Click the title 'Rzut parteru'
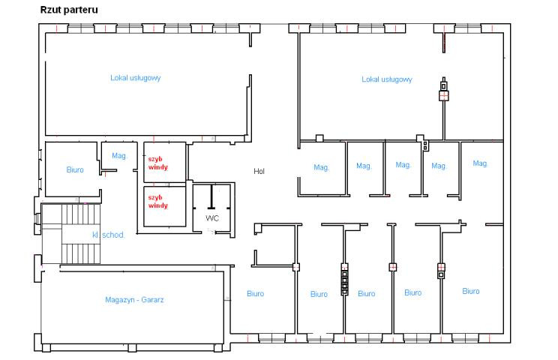point(69,10)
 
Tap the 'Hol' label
point(259,171)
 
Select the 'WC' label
point(212,217)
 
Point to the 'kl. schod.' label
point(108,235)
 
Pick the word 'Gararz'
point(153,299)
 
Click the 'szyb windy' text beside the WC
point(158,201)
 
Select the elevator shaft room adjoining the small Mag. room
point(165,162)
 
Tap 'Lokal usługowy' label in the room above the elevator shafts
point(135,77)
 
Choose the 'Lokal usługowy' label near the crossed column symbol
point(387,79)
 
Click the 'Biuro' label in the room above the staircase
point(75,169)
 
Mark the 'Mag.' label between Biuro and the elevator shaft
point(119,155)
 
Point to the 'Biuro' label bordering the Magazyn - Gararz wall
point(256,293)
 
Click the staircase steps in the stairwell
point(81,234)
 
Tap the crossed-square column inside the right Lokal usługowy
point(443,96)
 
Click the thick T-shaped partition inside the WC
point(211,196)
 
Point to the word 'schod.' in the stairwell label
point(113,235)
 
